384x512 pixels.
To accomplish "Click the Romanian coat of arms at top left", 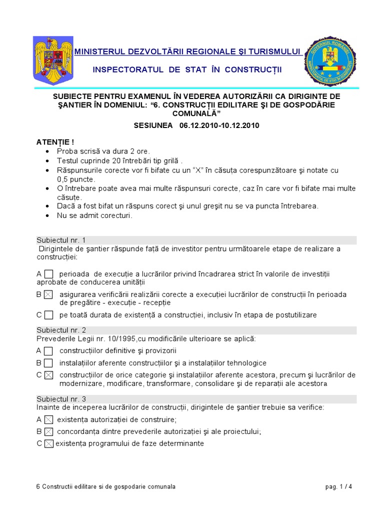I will [x=52, y=60].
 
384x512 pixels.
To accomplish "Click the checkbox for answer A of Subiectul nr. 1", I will [x=48, y=274].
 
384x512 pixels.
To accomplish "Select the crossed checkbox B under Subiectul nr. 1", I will [x=48, y=294].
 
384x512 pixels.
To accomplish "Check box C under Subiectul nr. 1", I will [x=48, y=315].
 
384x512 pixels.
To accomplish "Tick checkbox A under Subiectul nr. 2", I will [x=48, y=351].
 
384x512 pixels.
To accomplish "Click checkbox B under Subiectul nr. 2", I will [x=48, y=363].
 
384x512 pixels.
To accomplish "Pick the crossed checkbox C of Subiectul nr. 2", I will [x=48, y=375].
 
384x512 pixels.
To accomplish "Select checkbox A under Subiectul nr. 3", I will [x=48, y=419].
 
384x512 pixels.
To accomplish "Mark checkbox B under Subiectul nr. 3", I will [x=48, y=431].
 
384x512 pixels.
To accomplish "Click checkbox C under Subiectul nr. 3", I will [x=48, y=443].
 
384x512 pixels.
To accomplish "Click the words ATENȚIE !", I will [x=55, y=142].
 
